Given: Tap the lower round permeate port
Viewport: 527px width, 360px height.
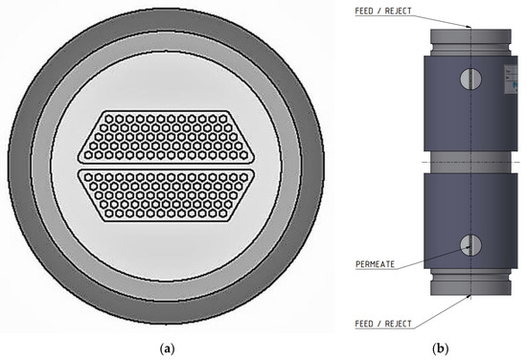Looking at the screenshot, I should tap(468, 245).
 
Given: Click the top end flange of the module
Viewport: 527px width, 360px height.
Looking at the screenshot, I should tap(468, 38).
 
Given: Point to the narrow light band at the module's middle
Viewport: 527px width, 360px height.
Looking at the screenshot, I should tap(468, 163).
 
